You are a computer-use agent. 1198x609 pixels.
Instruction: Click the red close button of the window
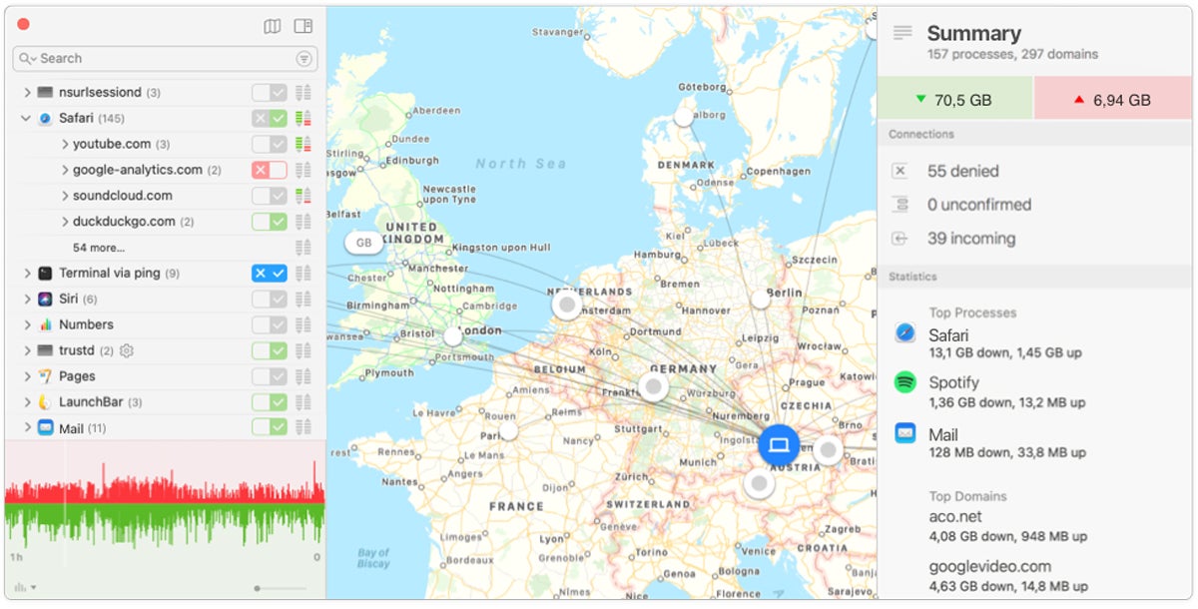pyautogui.click(x=23, y=25)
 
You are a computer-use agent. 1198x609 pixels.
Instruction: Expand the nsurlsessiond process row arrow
pyautogui.click(x=27, y=93)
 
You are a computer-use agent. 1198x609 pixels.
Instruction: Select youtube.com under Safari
pyautogui.click(x=112, y=144)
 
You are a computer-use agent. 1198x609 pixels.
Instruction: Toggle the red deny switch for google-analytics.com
pyautogui.click(x=269, y=170)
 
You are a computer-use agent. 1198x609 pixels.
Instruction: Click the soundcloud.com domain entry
pyautogui.click(x=122, y=196)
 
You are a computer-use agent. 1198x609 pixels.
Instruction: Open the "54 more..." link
pyautogui.click(x=99, y=248)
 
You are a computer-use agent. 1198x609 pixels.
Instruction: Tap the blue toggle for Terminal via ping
pyautogui.click(x=269, y=274)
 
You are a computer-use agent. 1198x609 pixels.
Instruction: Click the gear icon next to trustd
pyautogui.click(x=126, y=350)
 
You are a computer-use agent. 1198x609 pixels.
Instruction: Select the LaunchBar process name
pyautogui.click(x=90, y=402)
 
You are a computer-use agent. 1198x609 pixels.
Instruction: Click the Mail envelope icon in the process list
pyautogui.click(x=45, y=428)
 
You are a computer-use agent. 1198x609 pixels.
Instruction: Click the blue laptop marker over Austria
pyautogui.click(x=779, y=444)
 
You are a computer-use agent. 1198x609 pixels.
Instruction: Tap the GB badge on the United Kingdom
pyautogui.click(x=363, y=243)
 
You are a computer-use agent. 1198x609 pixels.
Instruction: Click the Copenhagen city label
pyautogui.click(x=779, y=171)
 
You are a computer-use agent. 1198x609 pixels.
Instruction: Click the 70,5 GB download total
pyautogui.click(x=954, y=100)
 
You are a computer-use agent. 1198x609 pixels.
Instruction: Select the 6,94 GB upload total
pyautogui.click(x=1113, y=100)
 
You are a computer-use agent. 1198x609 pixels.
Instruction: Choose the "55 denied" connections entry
pyautogui.click(x=963, y=171)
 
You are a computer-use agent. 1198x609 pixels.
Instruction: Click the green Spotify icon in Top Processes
pyautogui.click(x=905, y=381)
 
